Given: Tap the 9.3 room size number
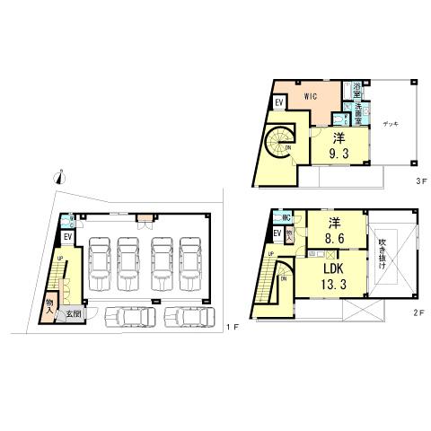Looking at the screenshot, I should pos(339,154).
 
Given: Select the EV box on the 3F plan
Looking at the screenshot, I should pos(279,101).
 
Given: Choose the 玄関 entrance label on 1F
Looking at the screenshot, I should pos(72,313).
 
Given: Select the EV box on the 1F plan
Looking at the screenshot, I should pos(68,236).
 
